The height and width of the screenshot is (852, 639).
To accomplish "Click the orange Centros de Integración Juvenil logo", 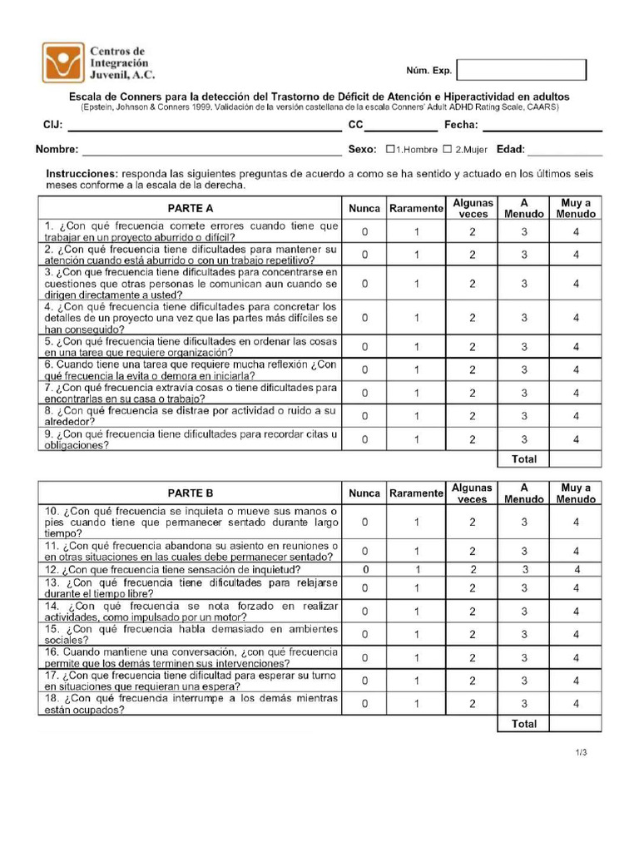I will pyautogui.click(x=64, y=62).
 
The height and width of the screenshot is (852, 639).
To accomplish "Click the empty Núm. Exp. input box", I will pyautogui.click(x=522, y=70).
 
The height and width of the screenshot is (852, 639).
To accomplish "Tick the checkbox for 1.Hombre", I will pyautogui.click(x=390, y=150).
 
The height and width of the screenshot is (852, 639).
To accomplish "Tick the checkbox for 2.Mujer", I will pyautogui.click(x=447, y=150).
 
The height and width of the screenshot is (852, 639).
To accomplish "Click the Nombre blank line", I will pyautogui.click(x=211, y=150).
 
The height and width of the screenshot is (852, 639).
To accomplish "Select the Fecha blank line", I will pyautogui.click(x=542, y=126).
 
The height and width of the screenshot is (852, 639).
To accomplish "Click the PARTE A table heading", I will pyautogui.click(x=190, y=208).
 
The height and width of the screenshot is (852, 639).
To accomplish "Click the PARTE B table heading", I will pyautogui.click(x=190, y=493).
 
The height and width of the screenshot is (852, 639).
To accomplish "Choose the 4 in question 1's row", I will pyautogui.click(x=576, y=231).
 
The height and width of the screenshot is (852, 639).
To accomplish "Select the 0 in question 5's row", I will pyautogui.click(x=364, y=347).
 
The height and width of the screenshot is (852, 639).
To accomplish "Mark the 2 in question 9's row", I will pyautogui.click(x=472, y=438).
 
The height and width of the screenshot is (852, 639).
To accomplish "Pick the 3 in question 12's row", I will pyautogui.click(x=524, y=569).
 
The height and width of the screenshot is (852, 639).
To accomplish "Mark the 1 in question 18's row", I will pyautogui.click(x=417, y=703).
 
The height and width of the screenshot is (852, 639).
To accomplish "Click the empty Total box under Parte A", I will pyautogui.click(x=576, y=459).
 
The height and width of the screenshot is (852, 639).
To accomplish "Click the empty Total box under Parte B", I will pyautogui.click(x=576, y=724).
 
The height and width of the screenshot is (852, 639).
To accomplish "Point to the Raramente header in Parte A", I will pyautogui.click(x=416, y=208).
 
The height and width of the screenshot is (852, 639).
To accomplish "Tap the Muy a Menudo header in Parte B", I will pyautogui.click(x=576, y=493).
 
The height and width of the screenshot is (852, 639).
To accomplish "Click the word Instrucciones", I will pyautogui.click(x=82, y=173).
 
